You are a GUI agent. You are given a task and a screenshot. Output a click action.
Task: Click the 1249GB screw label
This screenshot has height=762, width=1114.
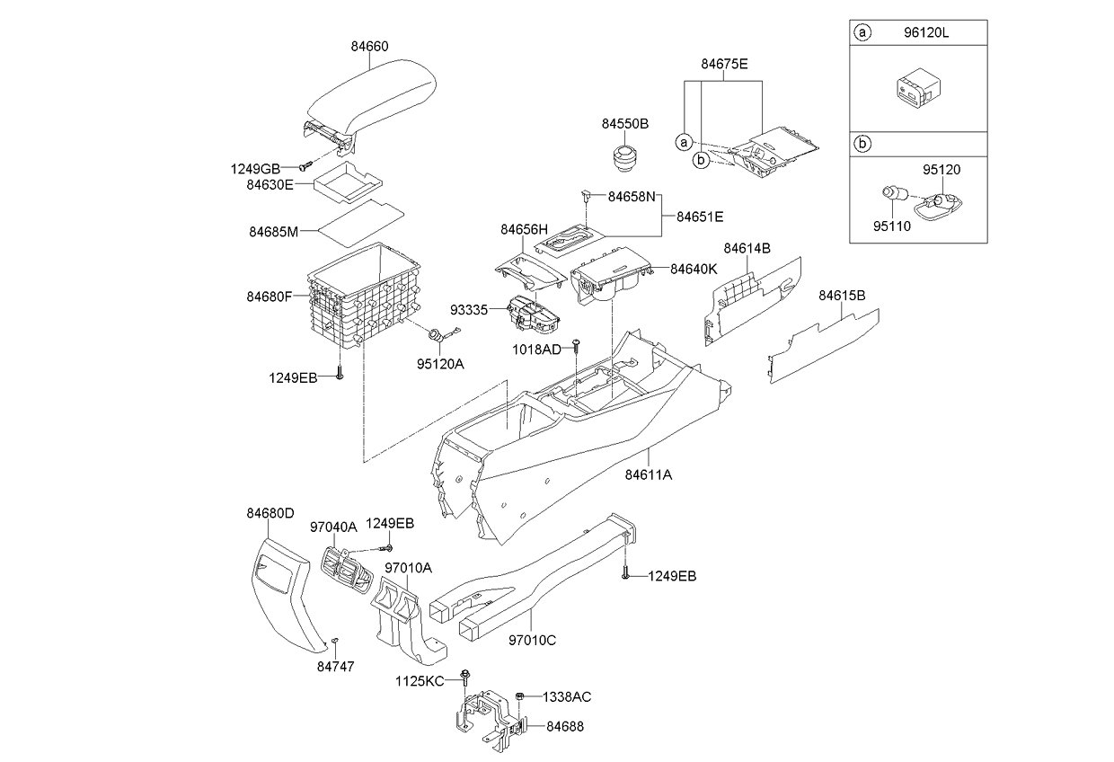pos(255,167)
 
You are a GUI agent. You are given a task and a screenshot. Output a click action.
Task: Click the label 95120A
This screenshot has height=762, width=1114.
pos(440,363)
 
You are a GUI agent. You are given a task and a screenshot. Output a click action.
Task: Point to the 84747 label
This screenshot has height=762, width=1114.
pos(335,666)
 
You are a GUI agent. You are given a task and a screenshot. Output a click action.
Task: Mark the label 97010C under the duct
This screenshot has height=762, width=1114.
pos(533,640)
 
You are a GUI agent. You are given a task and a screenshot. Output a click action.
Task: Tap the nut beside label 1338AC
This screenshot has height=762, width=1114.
pos(522,696)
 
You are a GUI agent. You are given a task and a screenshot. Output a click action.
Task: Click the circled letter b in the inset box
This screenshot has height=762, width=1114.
pos(862,142)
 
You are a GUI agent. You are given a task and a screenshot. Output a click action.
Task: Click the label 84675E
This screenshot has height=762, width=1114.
pos(724,64)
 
